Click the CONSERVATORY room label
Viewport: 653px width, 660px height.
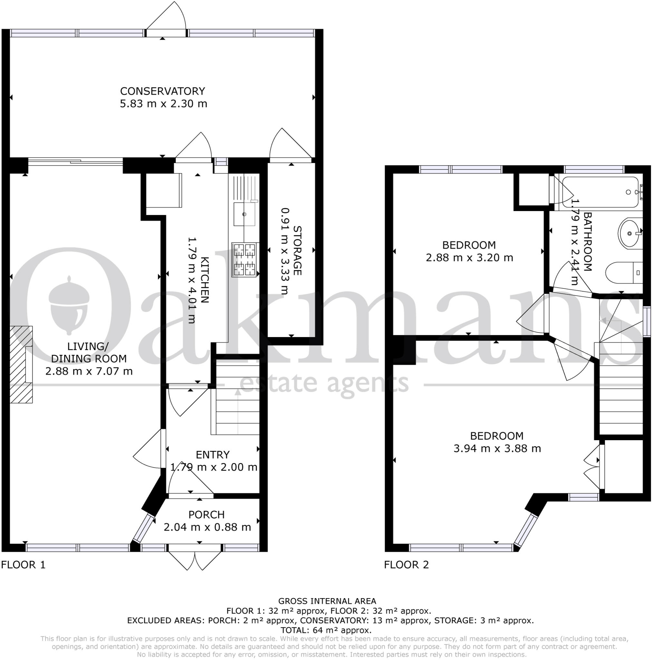(163, 91)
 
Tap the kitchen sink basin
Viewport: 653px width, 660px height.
(244, 214)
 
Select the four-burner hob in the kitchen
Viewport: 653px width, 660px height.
(245, 259)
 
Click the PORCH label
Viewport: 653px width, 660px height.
(206, 514)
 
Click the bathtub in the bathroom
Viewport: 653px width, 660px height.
(600, 192)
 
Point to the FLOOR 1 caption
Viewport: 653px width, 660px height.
(23, 565)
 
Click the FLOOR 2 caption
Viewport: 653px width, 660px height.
(406, 565)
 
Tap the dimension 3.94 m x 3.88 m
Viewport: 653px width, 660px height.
(497, 448)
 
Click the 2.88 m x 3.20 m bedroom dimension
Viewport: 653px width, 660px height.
(469, 257)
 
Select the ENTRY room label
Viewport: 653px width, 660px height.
(212, 455)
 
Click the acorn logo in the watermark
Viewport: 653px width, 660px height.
(69, 305)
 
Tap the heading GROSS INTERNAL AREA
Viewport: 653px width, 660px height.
(327, 601)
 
